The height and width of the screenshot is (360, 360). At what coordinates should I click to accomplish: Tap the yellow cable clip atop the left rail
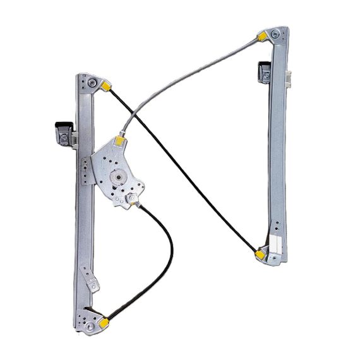[107, 85]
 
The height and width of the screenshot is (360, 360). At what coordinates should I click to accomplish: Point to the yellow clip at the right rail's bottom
[260, 254]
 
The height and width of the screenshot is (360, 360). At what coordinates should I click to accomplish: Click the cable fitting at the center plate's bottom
[134, 201]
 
